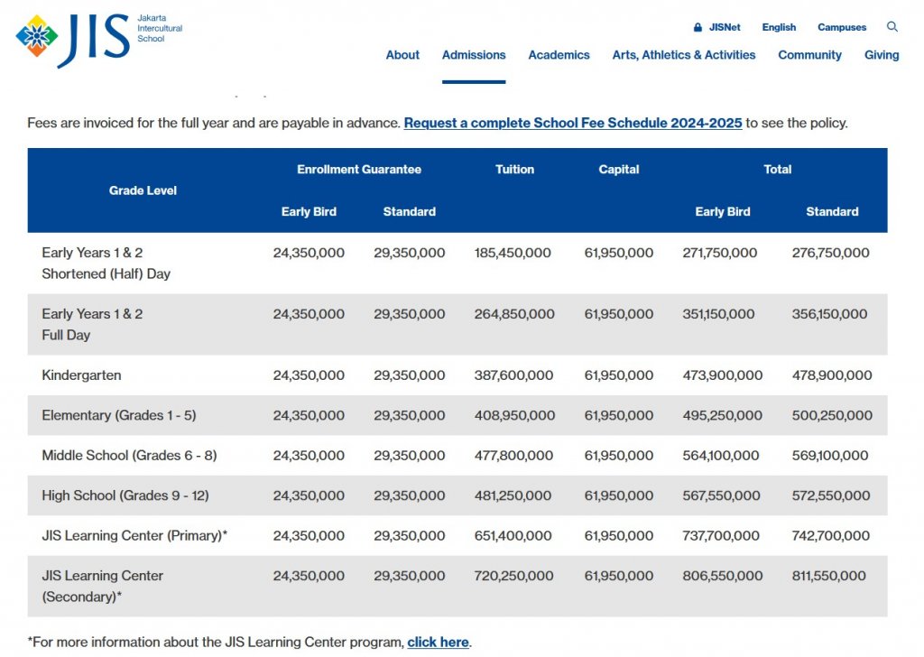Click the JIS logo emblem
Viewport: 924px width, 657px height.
(37, 36)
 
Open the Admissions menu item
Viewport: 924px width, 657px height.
(474, 55)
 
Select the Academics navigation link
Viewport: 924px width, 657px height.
(559, 55)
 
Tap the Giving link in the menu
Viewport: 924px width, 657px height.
(881, 55)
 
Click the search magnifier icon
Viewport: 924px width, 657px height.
(892, 27)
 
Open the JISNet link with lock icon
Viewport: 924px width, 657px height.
(717, 28)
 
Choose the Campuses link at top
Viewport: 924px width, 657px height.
(841, 28)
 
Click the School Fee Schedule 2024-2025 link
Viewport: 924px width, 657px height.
(572, 123)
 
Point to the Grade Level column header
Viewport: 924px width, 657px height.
(143, 190)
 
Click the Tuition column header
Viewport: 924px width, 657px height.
(514, 170)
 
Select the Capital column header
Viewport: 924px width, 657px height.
(618, 170)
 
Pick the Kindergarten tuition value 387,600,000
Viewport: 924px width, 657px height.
(513, 375)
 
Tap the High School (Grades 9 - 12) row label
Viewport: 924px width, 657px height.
(125, 495)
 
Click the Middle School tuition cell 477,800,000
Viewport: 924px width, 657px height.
(513, 456)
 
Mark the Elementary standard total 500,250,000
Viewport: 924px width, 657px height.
(831, 416)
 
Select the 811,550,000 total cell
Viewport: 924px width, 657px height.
(827, 576)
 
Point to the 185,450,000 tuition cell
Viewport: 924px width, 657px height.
(513, 254)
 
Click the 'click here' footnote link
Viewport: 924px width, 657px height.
(438, 643)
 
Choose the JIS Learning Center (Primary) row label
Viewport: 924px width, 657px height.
(134, 536)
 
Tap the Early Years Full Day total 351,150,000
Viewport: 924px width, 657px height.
(720, 314)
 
